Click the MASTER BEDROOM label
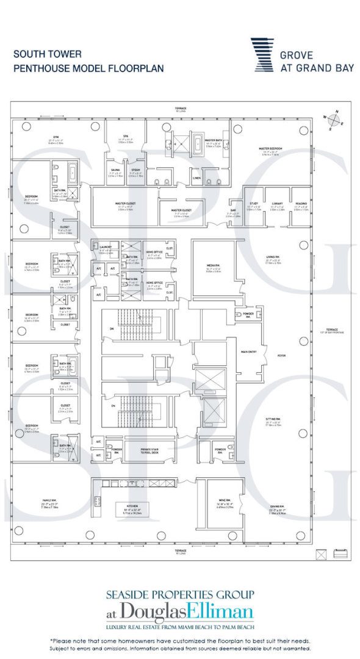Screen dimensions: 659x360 268,148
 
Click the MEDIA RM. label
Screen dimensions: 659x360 213,265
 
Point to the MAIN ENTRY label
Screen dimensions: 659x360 248,352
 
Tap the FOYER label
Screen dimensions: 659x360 281,355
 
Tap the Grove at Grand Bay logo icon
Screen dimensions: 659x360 262,55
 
